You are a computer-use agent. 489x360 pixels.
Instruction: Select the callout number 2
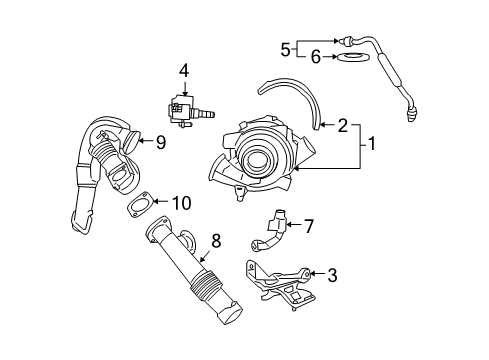pyautogui.click(x=343, y=126)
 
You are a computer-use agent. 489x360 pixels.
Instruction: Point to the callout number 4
pyautogui.click(x=183, y=70)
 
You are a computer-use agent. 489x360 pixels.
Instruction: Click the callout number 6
pyautogui.click(x=316, y=59)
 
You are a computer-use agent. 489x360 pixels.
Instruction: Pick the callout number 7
pyautogui.click(x=308, y=226)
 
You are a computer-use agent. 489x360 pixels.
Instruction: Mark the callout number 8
pyautogui.click(x=214, y=240)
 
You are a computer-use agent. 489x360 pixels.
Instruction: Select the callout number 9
pyautogui.click(x=160, y=143)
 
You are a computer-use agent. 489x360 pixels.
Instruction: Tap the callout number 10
pyautogui.click(x=181, y=202)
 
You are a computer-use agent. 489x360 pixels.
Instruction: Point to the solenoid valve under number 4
pyautogui.click(x=183, y=106)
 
